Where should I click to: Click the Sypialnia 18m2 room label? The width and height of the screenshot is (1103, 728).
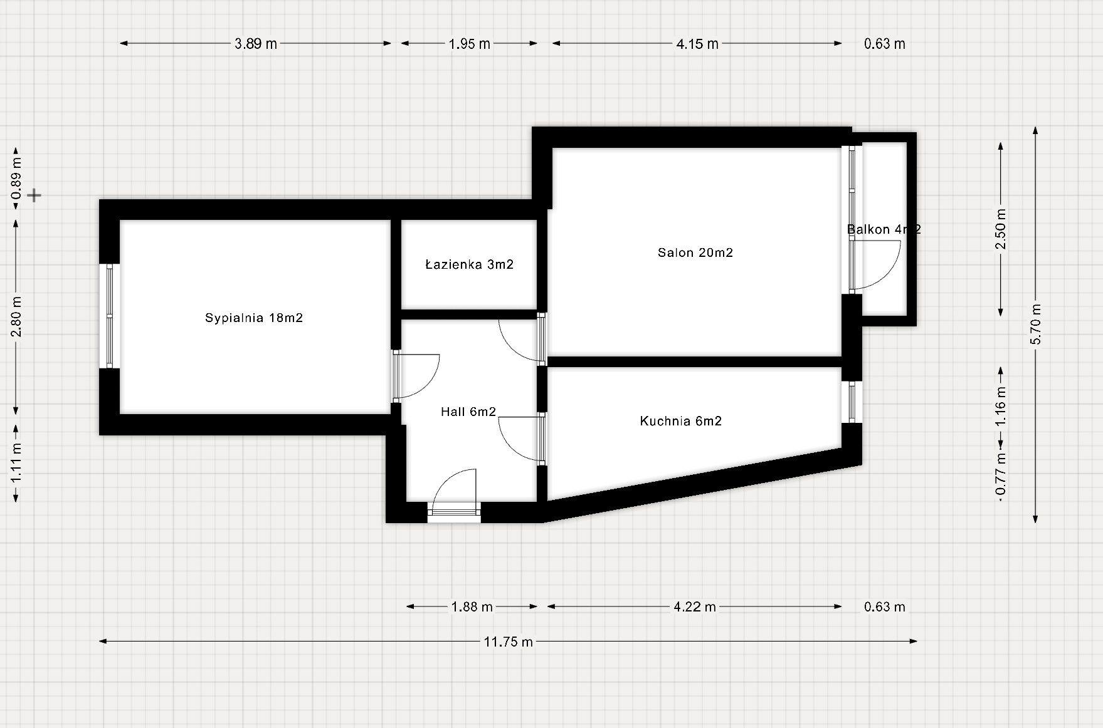[254, 318]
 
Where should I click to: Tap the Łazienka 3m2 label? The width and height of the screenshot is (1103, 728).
[469, 265]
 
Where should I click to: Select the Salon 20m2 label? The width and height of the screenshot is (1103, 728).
[695, 253]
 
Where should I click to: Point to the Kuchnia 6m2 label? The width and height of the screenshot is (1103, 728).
[680, 422]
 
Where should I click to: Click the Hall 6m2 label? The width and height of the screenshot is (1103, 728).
[468, 412]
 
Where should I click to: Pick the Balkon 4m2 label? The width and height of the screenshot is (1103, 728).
[884, 229]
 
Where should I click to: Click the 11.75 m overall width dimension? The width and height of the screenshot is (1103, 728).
[508, 642]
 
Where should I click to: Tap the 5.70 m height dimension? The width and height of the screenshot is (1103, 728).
[1036, 324]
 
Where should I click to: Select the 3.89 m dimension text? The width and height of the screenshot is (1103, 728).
[255, 44]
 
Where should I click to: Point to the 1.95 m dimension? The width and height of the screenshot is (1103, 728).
[469, 44]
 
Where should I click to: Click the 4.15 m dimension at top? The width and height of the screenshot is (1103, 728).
[697, 44]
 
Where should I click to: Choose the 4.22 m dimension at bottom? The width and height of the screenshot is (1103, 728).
[695, 607]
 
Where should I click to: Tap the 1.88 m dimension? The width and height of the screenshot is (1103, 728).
[472, 607]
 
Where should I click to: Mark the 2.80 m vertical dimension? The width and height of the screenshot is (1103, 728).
[16, 316]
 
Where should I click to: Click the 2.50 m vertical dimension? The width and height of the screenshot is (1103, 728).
[1001, 229]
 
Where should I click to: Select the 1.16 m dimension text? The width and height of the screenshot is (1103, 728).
[1001, 406]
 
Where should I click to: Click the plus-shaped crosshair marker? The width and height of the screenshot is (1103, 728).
[34, 195]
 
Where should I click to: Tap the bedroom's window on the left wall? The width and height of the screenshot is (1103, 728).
[110, 316]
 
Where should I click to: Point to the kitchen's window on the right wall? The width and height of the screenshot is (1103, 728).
[852, 402]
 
